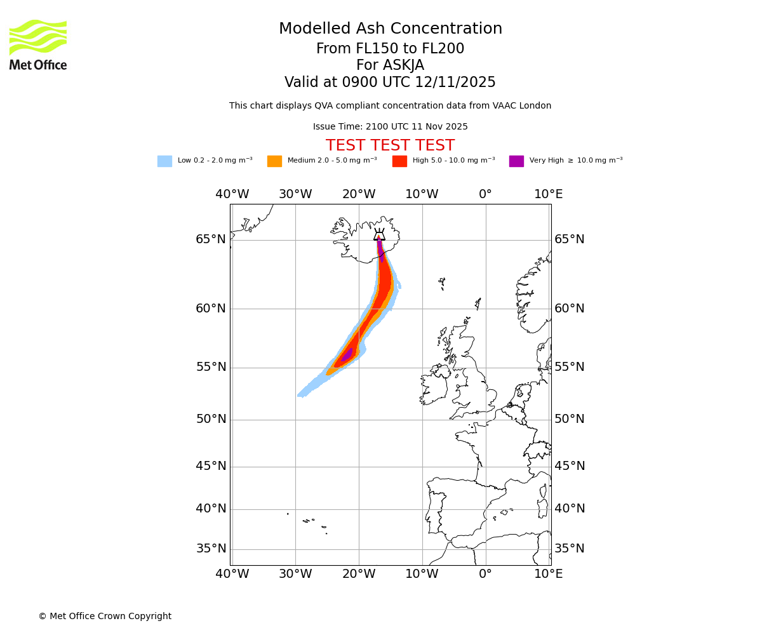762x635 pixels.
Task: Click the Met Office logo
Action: (x=38, y=44)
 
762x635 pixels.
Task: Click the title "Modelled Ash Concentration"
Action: (x=391, y=29)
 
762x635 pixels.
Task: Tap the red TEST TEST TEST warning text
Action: (x=390, y=146)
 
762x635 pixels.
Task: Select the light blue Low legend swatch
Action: (x=164, y=161)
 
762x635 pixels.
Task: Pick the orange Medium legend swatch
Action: (x=274, y=161)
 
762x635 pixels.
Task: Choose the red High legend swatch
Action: (x=399, y=161)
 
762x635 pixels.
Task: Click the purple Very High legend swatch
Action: (x=516, y=161)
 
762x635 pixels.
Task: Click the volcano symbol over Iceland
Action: (x=379, y=234)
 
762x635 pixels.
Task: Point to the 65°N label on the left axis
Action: (x=211, y=239)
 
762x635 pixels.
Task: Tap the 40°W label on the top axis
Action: (x=232, y=194)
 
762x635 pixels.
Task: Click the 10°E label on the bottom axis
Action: (x=548, y=574)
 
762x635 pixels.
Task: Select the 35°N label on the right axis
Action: (x=570, y=549)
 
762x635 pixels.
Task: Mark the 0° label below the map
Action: (x=485, y=574)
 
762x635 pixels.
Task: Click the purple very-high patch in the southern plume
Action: (x=347, y=355)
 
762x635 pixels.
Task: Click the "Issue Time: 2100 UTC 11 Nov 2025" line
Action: (x=390, y=127)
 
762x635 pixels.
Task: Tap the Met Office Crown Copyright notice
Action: (x=105, y=617)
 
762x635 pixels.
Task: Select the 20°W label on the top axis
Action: (x=359, y=194)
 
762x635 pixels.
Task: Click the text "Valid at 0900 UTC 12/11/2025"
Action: (x=390, y=83)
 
